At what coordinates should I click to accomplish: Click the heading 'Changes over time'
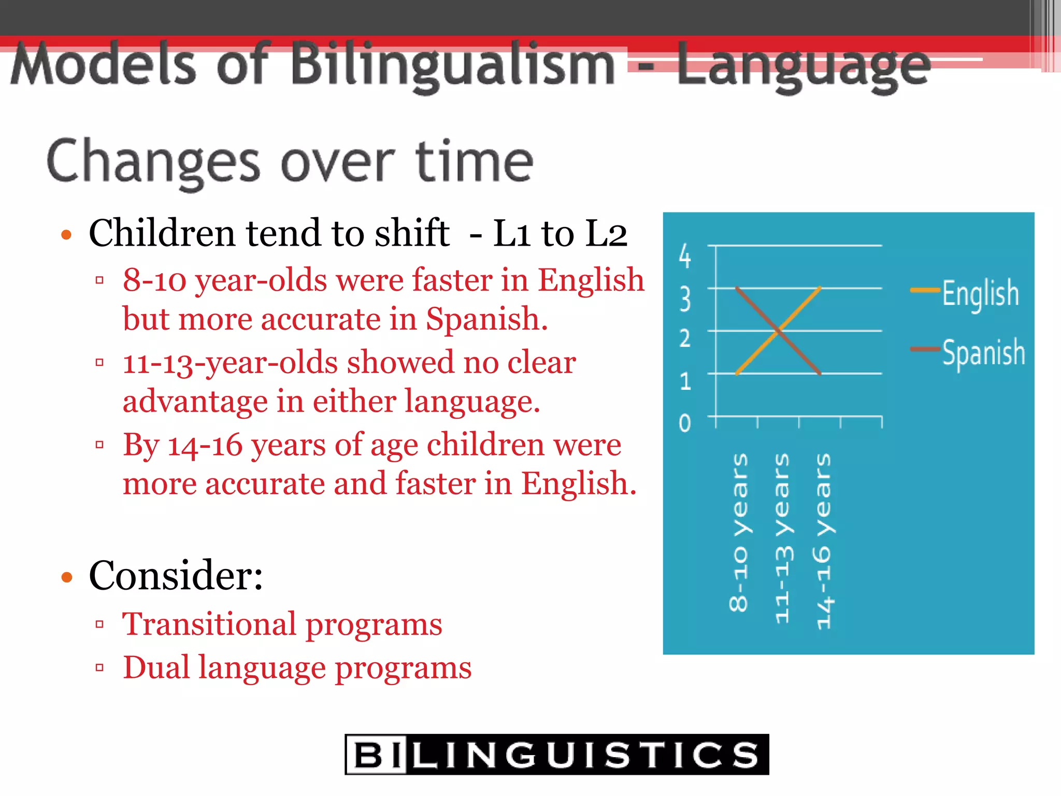click(x=290, y=162)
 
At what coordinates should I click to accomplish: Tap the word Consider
click(x=176, y=576)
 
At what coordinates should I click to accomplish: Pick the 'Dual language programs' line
click(x=297, y=667)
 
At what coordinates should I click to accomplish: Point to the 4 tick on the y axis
click(x=685, y=256)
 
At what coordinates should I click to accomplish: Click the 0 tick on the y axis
click(x=685, y=423)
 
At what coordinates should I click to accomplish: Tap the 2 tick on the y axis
click(x=685, y=339)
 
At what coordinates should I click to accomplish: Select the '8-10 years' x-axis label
click(x=739, y=533)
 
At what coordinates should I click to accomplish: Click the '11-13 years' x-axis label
click(x=782, y=538)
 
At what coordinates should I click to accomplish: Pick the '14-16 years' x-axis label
click(x=823, y=542)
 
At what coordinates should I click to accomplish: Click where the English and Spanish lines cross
click(x=778, y=331)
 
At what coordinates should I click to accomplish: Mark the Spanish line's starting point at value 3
click(x=737, y=288)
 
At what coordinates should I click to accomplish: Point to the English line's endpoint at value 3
click(x=820, y=288)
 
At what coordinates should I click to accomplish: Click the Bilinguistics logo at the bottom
click(x=556, y=755)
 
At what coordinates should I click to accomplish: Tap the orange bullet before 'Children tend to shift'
click(x=66, y=235)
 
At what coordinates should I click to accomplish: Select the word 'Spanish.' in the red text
click(x=486, y=319)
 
